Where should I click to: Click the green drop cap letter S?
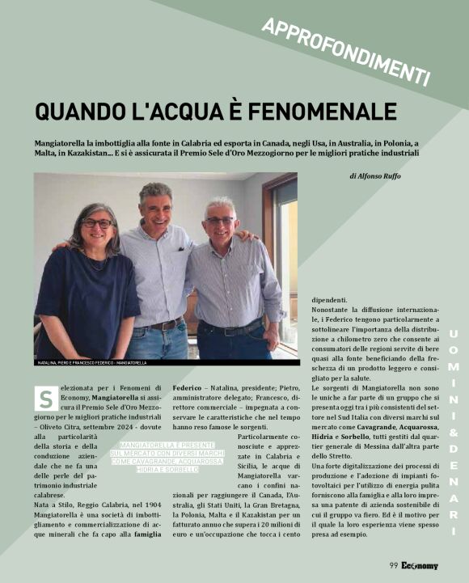[x=45, y=397]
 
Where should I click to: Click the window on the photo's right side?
[x=285, y=243]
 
